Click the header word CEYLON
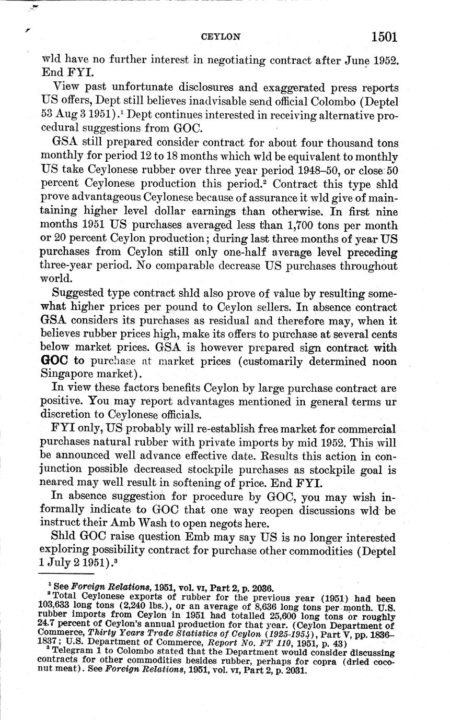[221, 37]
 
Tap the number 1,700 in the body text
[308, 226]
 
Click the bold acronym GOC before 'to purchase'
[55, 361]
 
